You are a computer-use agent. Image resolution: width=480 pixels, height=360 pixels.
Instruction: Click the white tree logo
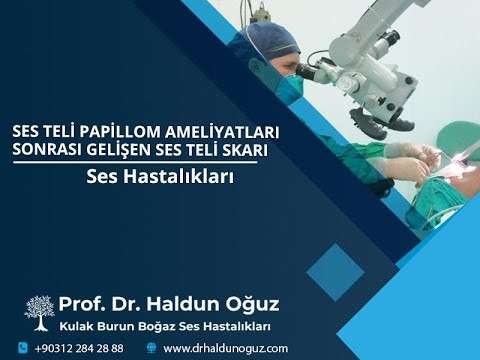[39, 311]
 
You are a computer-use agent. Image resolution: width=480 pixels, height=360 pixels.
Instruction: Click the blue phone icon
[22, 348]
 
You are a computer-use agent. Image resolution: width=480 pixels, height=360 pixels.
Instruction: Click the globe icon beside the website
[150, 348]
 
